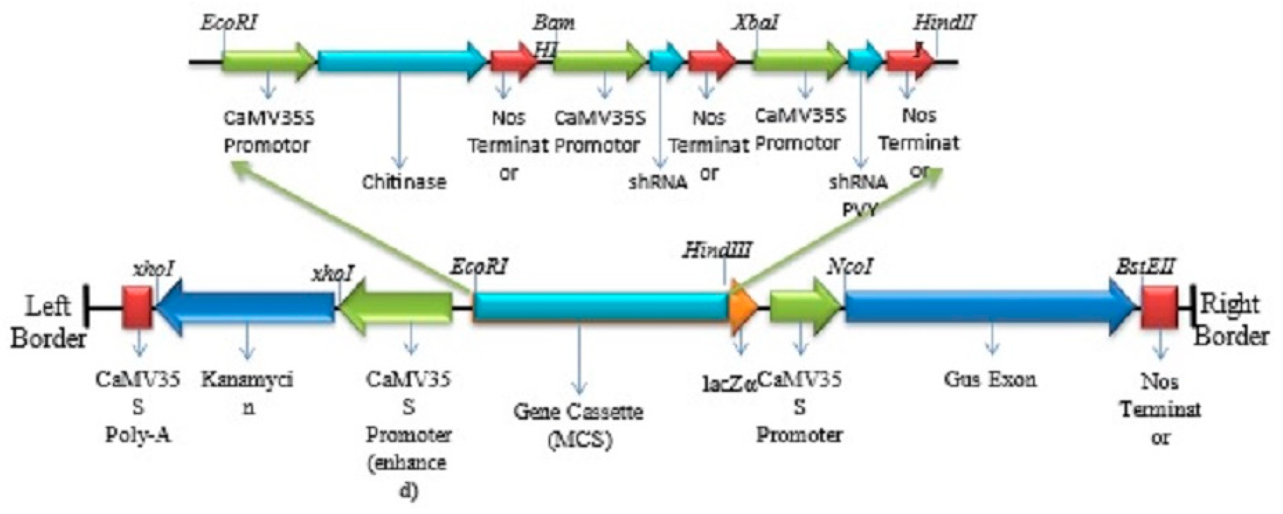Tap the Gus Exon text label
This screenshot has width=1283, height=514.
pyautogui.click(x=990, y=380)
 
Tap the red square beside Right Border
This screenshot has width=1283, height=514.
pyautogui.click(x=1159, y=307)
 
